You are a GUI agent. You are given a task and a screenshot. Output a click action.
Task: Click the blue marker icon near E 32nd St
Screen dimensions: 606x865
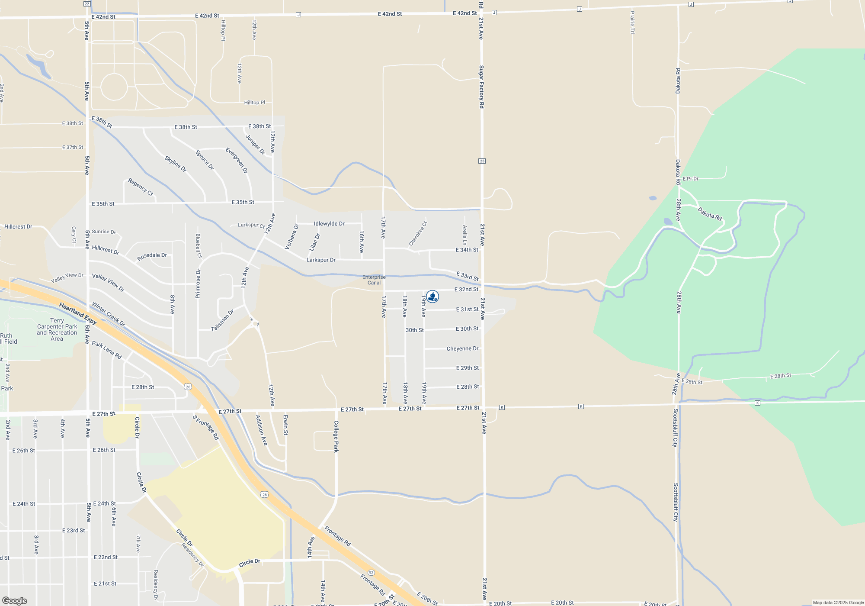point(432,297)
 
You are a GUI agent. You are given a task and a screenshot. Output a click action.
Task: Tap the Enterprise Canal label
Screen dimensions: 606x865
point(374,280)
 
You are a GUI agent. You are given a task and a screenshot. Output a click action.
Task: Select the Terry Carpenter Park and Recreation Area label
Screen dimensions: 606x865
point(57,330)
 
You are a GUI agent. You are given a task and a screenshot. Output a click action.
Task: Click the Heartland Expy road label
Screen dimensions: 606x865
point(78,314)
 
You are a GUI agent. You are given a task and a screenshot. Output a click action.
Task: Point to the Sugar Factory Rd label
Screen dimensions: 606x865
point(481,87)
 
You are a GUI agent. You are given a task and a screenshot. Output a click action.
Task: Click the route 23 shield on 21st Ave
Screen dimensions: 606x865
point(482,161)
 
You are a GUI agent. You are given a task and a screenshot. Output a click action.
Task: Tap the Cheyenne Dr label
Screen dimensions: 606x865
point(462,349)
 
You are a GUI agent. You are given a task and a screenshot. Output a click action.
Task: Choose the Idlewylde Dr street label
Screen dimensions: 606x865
point(329,224)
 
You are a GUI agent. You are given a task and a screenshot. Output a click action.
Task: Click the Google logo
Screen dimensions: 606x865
point(15,601)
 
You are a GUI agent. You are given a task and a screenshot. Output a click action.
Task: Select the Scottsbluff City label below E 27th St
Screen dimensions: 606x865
point(675,428)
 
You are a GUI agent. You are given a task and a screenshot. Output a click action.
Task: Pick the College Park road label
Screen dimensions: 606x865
point(336,436)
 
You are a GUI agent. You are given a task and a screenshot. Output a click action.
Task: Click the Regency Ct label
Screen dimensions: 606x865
point(141,187)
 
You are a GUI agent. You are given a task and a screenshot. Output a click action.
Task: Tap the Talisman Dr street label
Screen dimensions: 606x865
point(222,321)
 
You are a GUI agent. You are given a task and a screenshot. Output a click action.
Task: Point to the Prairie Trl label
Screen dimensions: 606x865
point(632,23)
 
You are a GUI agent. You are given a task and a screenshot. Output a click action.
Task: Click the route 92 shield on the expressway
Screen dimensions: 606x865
point(371,573)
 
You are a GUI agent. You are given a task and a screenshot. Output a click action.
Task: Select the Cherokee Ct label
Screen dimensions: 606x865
point(418,234)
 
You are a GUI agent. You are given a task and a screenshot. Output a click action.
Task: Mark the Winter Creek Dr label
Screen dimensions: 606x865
point(109,314)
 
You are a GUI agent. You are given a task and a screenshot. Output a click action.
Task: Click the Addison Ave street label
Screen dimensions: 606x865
point(261,430)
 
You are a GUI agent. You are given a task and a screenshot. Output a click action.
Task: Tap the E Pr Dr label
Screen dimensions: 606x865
point(691,179)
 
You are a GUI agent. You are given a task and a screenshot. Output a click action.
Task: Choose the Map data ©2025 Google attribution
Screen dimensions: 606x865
point(838,603)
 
